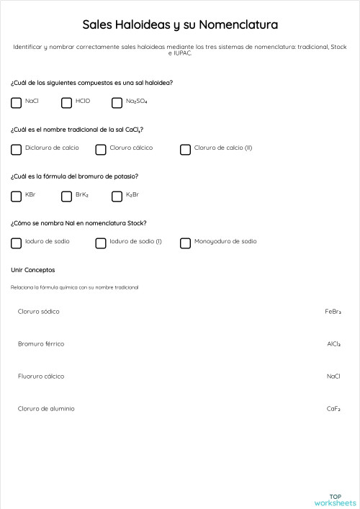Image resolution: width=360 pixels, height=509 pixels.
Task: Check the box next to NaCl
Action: [x=17, y=103]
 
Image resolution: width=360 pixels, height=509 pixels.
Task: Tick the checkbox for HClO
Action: [x=67, y=103]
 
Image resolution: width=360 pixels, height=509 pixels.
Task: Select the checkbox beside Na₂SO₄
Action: [x=117, y=103]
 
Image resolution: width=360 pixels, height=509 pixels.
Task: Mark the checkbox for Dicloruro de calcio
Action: [x=17, y=150]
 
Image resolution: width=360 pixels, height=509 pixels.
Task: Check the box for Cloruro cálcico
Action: [x=101, y=150]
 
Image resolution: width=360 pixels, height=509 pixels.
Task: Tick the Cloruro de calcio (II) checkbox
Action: [x=186, y=150]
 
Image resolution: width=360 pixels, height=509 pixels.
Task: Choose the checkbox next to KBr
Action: [x=17, y=197]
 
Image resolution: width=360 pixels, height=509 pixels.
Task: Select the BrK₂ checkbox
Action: [x=67, y=197]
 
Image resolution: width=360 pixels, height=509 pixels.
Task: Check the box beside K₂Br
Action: [x=117, y=197]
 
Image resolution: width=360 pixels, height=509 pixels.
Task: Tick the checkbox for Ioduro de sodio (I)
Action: [x=101, y=243]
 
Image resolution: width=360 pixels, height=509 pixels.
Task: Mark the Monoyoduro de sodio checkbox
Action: [x=186, y=243]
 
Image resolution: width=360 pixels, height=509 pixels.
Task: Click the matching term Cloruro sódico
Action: [x=39, y=312]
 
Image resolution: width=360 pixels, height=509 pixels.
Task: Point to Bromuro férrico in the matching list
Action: [x=41, y=344]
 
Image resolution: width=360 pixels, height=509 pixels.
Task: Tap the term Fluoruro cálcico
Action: [x=41, y=377]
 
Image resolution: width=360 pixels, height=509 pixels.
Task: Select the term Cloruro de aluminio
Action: [x=46, y=409]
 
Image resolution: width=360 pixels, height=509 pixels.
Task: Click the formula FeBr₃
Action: [x=333, y=312]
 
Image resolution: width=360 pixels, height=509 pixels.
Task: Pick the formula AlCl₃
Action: [x=333, y=344]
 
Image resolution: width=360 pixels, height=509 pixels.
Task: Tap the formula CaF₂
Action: [x=333, y=409]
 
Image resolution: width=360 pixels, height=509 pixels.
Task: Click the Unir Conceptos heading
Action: [x=33, y=270]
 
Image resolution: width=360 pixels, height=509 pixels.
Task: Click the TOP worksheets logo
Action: [x=335, y=500]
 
